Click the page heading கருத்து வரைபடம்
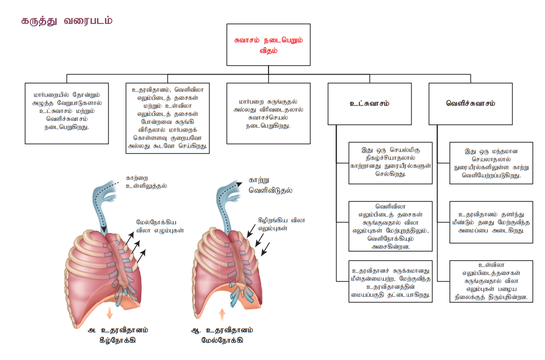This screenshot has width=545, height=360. [x=67, y=21]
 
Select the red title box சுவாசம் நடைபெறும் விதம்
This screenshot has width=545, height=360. [x=269, y=45]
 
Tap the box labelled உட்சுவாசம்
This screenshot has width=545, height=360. [x=369, y=103]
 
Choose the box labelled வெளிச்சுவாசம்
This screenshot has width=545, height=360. [x=470, y=103]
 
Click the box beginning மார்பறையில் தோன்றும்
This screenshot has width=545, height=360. [x=67, y=113]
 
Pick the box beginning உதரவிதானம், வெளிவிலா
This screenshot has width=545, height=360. [x=168, y=118]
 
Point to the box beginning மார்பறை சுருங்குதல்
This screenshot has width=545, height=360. [x=269, y=113]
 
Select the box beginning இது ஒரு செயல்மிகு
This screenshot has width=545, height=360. [x=390, y=163]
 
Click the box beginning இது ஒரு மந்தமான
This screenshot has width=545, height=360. [x=491, y=163]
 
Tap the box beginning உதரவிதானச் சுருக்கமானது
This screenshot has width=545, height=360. [x=390, y=281]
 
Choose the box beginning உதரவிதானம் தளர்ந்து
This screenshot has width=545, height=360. [x=491, y=222]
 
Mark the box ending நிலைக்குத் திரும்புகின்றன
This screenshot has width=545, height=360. [x=491, y=281]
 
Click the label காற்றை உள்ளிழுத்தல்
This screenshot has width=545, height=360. [x=146, y=182]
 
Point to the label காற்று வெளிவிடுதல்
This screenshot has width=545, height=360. [x=271, y=185]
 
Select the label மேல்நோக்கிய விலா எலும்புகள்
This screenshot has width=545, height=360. [x=160, y=226]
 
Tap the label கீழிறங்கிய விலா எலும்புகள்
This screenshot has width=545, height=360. [x=281, y=224]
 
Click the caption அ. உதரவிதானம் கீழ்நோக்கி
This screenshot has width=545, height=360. [x=118, y=335]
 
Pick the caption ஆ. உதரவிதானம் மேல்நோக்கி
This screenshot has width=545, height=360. [x=222, y=335]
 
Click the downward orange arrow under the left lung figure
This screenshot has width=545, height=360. [x=109, y=313]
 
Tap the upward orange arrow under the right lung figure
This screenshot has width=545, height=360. [x=222, y=314]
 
